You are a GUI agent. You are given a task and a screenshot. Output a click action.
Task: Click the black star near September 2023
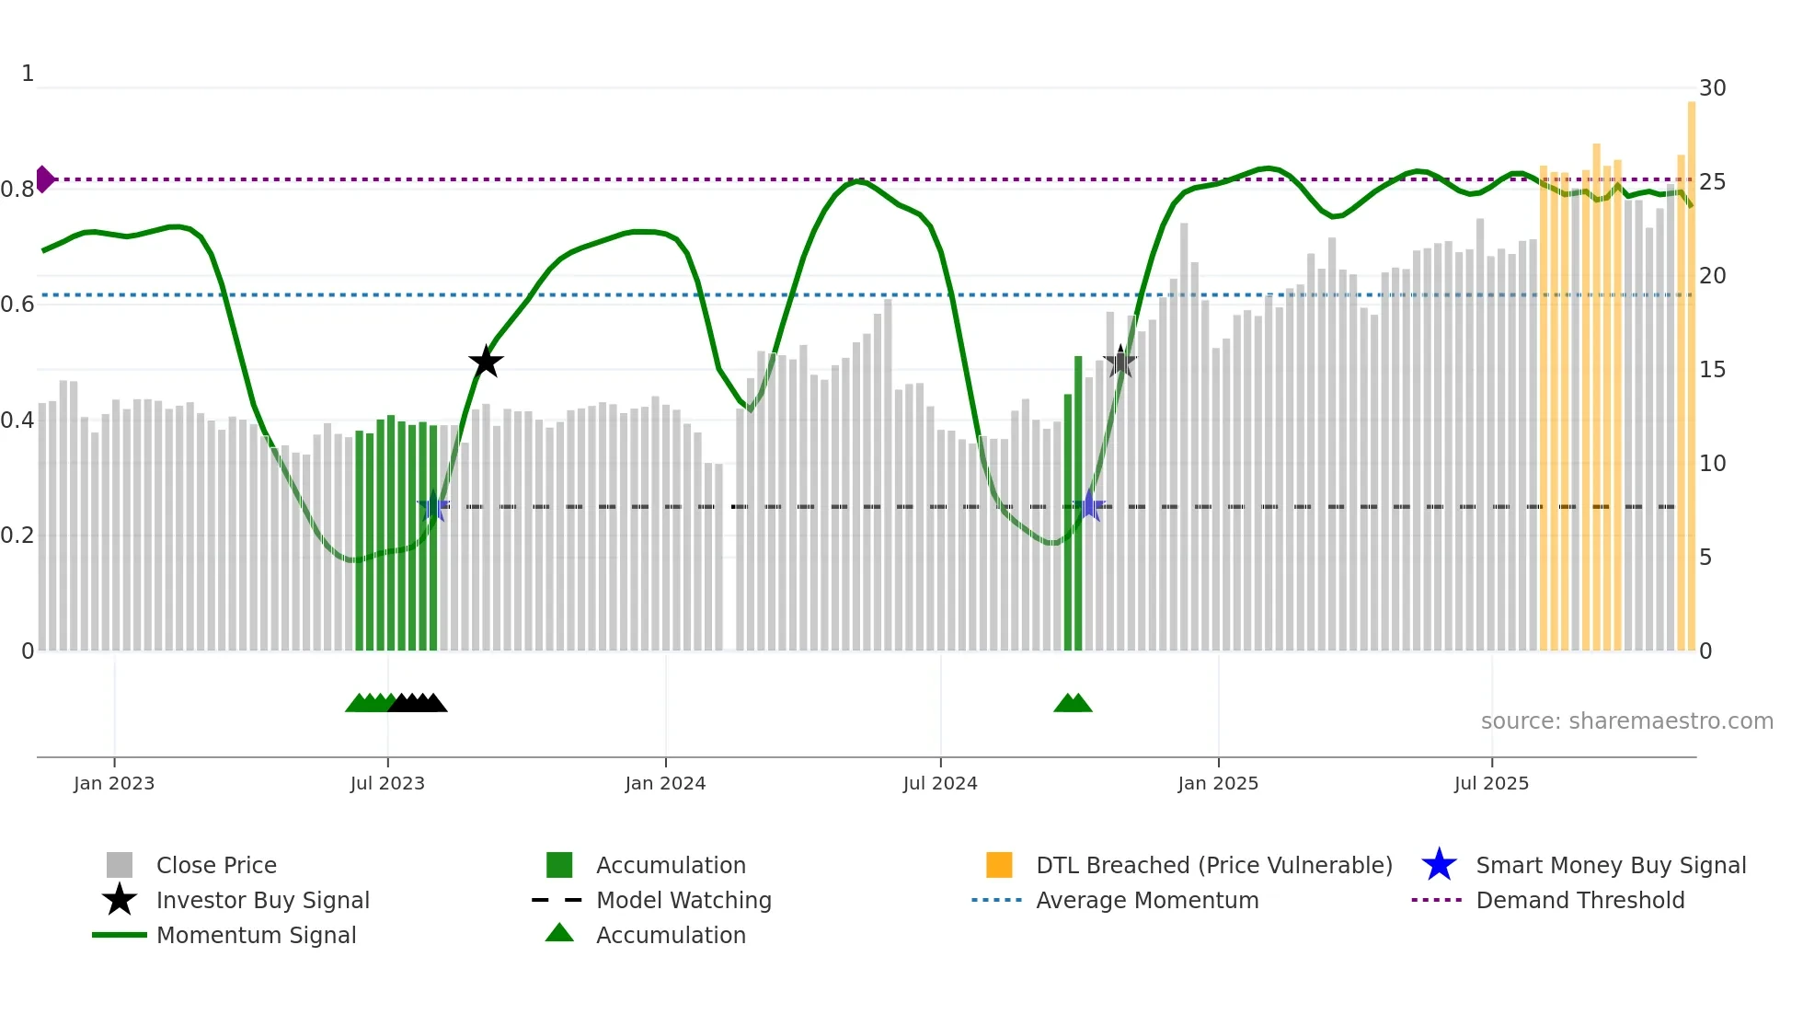pyautogui.click(x=486, y=362)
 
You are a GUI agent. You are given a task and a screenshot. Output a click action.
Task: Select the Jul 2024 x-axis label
pyautogui.click(x=940, y=784)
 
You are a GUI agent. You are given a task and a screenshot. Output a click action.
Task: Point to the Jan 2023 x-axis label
pyautogui.click(x=114, y=784)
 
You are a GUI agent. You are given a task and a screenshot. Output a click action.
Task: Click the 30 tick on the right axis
pyautogui.click(x=1712, y=88)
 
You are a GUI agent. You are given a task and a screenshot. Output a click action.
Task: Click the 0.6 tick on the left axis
pyautogui.click(x=18, y=305)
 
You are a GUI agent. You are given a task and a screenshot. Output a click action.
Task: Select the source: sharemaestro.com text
pyautogui.click(x=1626, y=721)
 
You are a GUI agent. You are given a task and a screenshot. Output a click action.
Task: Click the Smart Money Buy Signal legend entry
pyautogui.click(x=1610, y=866)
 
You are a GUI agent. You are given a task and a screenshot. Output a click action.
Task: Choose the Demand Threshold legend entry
pyautogui.click(x=1579, y=901)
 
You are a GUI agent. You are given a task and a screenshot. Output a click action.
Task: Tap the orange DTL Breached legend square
pyautogui.click(x=999, y=865)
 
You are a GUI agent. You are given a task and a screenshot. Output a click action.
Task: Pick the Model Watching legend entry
pyautogui.click(x=683, y=901)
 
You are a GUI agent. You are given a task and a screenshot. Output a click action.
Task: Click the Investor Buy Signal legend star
pyautogui.click(x=120, y=900)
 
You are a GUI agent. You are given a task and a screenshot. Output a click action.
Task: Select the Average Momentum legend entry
pyautogui.click(x=1146, y=901)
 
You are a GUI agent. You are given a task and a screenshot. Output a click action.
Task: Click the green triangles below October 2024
pyautogui.click(x=1073, y=704)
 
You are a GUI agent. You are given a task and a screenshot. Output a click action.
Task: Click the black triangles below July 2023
pyautogui.click(x=418, y=704)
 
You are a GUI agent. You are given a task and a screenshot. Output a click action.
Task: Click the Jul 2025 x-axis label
pyautogui.click(x=1491, y=784)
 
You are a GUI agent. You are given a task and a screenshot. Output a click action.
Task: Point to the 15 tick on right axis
pyautogui.click(x=1712, y=370)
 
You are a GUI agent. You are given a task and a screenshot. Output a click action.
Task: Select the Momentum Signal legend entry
pyautogui.click(x=256, y=936)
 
